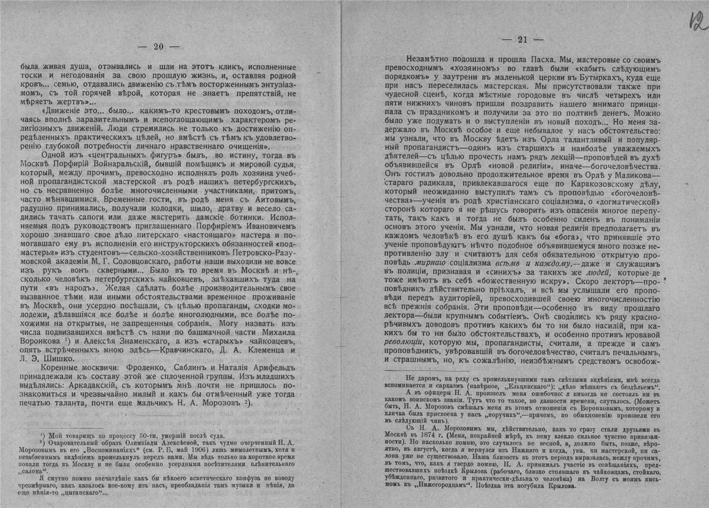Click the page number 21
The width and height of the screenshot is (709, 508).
(x=522, y=40)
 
